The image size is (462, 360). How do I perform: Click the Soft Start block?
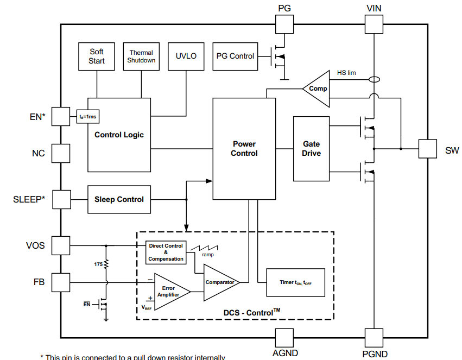(x=97, y=56)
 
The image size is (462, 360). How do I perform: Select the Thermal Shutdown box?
(x=141, y=56)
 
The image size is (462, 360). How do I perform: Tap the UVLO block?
(x=186, y=56)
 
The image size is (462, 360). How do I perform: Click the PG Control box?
(x=235, y=56)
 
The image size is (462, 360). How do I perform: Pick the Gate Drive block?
(x=311, y=149)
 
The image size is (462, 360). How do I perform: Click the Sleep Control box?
(x=119, y=199)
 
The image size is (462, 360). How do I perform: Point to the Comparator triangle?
(x=219, y=282)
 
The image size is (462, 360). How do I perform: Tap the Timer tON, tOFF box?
(x=295, y=282)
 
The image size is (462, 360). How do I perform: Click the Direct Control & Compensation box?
(x=166, y=252)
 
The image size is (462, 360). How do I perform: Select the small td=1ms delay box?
(x=88, y=116)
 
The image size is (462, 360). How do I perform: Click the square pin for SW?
(x=428, y=149)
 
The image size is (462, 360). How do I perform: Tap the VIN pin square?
(x=374, y=24)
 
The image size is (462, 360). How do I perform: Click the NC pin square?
(x=61, y=153)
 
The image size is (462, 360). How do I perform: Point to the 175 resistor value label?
(x=98, y=264)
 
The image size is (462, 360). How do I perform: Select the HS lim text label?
(x=346, y=73)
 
